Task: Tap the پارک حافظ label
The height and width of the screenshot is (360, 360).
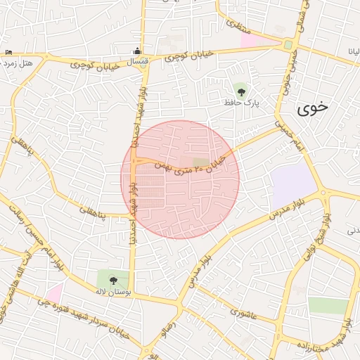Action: [x=243, y=103]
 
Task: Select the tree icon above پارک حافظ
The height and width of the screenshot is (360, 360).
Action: [x=241, y=90]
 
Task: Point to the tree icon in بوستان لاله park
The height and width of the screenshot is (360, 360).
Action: [x=114, y=278]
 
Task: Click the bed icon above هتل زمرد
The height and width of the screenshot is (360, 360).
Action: [x=8, y=53]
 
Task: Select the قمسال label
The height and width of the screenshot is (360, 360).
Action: [x=137, y=63]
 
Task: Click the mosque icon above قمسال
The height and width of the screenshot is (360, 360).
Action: [x=138, y=51]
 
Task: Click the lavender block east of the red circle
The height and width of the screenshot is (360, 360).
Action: [x=293, y=184]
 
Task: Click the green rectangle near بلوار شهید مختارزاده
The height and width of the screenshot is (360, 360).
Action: [x=328, y=305]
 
